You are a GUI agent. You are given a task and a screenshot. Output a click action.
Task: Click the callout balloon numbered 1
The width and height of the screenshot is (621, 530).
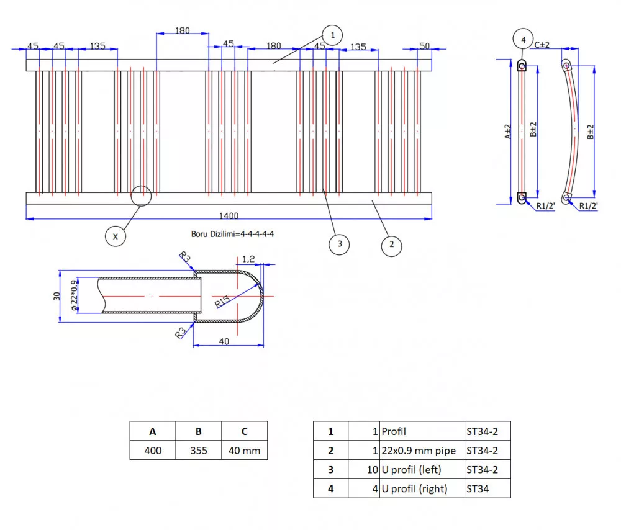(333, 35)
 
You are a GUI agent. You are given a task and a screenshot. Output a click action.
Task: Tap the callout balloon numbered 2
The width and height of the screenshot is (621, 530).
(391, 244)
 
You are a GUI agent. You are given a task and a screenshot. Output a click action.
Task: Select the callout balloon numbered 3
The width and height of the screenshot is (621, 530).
(339, 244)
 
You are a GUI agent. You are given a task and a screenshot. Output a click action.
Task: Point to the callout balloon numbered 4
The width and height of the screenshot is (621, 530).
(524, 40)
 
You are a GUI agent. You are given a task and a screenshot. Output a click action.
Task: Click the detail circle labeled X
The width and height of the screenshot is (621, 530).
(115, 236)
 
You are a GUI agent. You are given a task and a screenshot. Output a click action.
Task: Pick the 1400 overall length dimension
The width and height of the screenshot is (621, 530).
(229, 215)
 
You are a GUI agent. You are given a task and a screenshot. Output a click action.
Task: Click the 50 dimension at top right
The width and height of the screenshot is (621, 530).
(425, 45)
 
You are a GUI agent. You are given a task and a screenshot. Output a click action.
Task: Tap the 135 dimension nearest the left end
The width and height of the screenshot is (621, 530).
(97, 45)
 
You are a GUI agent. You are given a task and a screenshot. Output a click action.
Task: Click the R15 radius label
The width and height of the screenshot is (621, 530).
(222, 302)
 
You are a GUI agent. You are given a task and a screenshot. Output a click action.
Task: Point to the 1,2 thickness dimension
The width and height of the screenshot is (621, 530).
(248, 258)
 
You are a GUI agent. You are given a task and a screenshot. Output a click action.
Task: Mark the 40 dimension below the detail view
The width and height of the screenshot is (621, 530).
(224, 341)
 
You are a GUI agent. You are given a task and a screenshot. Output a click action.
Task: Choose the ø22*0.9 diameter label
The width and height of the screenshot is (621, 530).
(74, 295)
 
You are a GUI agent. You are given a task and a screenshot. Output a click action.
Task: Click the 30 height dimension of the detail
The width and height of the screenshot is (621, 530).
(56, 296)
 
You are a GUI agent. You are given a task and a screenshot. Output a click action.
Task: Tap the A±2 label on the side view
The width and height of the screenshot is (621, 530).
(509, 131)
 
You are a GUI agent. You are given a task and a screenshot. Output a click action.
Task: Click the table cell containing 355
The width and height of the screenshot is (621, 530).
(198, 451)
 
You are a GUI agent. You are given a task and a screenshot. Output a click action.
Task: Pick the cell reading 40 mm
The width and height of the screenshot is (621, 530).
(244, 451)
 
